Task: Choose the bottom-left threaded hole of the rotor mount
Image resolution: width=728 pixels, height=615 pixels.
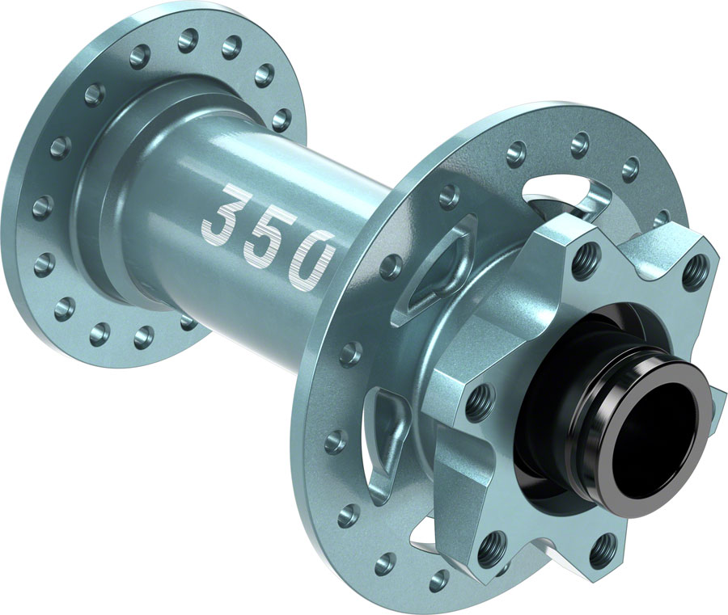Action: [x=493, y=550]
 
